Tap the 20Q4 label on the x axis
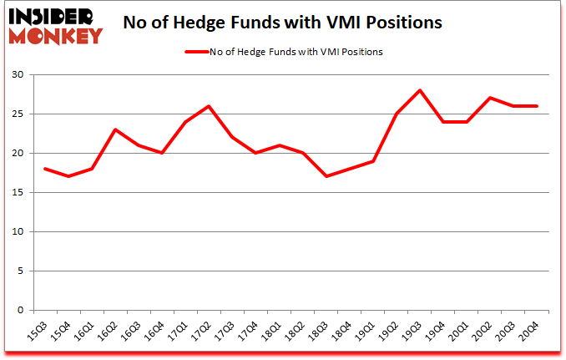click(529, 330)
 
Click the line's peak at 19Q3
click(419, 90)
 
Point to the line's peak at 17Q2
click(209, 106)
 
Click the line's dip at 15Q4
click(68, 176)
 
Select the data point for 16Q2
click(115, 129)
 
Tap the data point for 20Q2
click(489, 98)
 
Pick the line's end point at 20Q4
click(536, 106)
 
